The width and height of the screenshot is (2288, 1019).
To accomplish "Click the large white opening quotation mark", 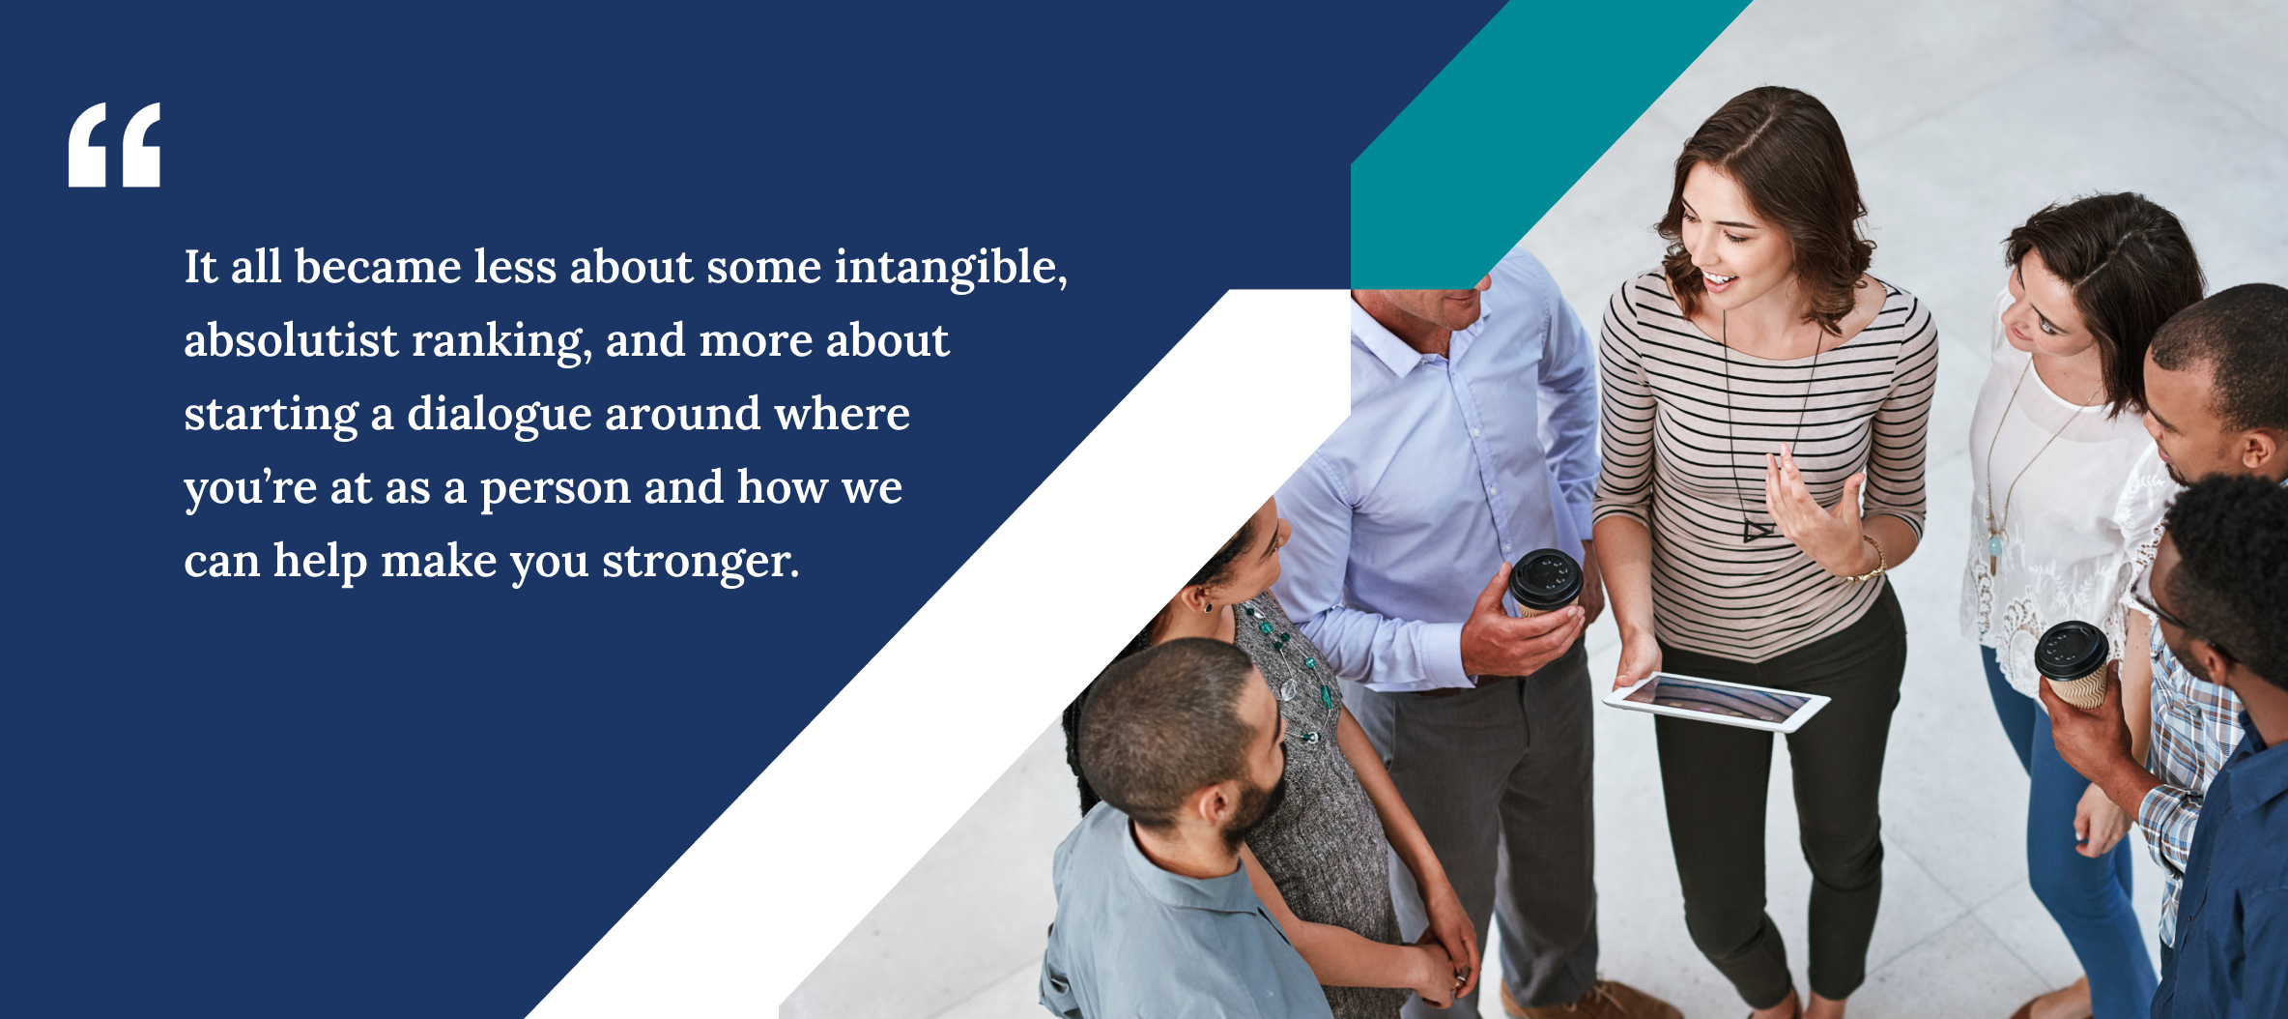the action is pyautogui.click(x=114, y=145).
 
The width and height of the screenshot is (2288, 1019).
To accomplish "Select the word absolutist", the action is pyautogui.click(x=291, y=340).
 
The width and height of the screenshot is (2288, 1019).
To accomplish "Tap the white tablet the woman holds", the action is pyautogui.click(x=1716, y=701).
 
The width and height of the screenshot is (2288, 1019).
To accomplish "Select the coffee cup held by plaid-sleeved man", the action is pyautogui.click(x=2073, y=663).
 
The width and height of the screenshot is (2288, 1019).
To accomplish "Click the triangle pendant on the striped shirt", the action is pyautogui.click(x=1758, y=530).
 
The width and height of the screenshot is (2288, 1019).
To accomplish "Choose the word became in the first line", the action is pyautogui.click(x=378, y=267).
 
